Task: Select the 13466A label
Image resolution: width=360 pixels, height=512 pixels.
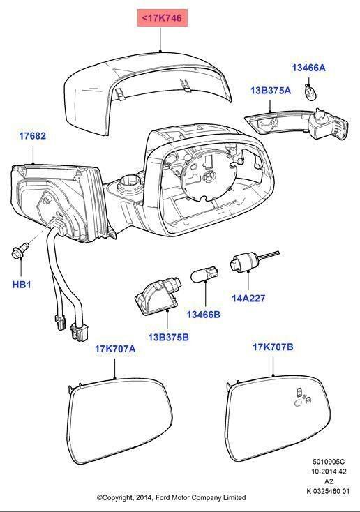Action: pyautogui.click(x=308, y=68)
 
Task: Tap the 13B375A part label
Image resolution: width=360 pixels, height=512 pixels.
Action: pyautogui.click(x=271, y=91)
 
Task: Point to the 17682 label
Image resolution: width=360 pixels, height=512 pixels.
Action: pyautogui.click(x=33, y=136)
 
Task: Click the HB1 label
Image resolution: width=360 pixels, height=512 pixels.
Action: pyautogui.click(x=22, y=285)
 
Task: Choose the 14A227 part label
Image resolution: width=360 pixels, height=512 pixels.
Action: pyautogui.click(x=248, y=298)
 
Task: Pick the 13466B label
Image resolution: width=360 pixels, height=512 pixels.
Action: pyautogui.click(x=204, y=315)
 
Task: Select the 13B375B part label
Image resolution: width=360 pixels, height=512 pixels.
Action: pyautogui.click(x=169, y=337)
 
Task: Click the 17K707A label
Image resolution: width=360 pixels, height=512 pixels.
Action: pyautogui.click(x=115, y=349)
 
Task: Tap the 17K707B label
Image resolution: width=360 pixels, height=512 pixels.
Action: pyautogui.click(x=273, y=347)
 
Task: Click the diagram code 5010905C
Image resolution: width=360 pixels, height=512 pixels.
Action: pyautogui.click(x=329, y=462)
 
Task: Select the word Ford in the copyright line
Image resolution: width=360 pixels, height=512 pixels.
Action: pyautogui.click(x=163, y=497)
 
